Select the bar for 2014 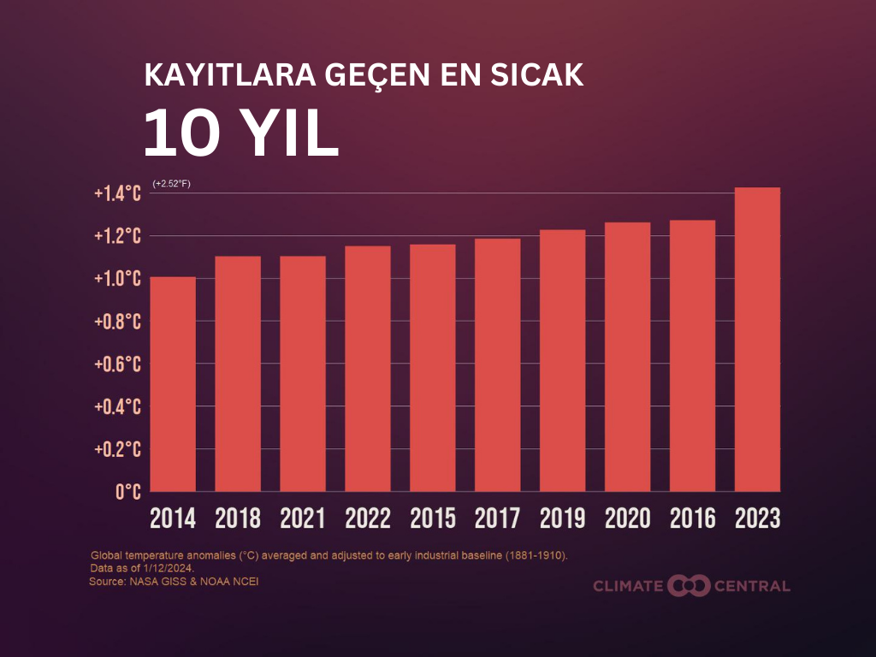[173, 384]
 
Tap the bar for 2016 [692, 356]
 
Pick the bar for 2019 [562, 360]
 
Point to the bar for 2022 [368, 369]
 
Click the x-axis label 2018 [238, 518]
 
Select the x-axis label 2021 [303, 518]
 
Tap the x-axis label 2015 [433, 518]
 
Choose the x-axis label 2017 [497, 518]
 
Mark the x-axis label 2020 [627, 518]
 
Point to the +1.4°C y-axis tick [117, 194]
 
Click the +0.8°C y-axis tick [117, 322]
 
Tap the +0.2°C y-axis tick [117, 449]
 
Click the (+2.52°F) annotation [171, 184]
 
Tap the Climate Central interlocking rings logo [690, 586]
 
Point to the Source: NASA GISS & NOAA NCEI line [174, 582]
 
